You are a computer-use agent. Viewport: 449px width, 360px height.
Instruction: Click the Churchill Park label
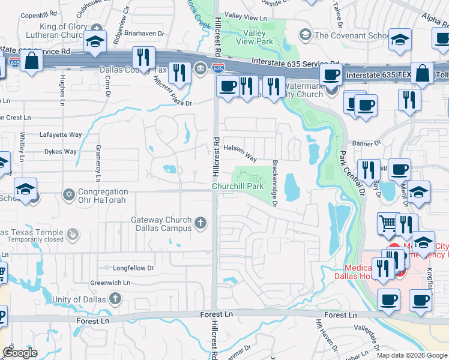(x=238, y=186)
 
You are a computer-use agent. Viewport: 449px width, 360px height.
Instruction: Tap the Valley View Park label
(x=258, y=37)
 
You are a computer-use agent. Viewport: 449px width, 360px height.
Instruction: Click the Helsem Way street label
(x=240, y=153)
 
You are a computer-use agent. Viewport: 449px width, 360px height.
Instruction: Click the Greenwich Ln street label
(x=110, y=282)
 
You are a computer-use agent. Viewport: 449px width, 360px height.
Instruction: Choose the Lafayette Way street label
(x=60, y=135)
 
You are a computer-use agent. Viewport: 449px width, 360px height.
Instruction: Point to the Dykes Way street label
(x=61, y=152)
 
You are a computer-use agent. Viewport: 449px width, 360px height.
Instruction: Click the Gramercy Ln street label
(x=98, y=163)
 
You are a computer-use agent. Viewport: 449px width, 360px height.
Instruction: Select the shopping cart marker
(x=388, y=224)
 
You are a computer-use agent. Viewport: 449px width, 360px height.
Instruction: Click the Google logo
(x=20, y=353)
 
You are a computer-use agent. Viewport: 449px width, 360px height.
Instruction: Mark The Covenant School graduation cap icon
(x=306, y=35)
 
